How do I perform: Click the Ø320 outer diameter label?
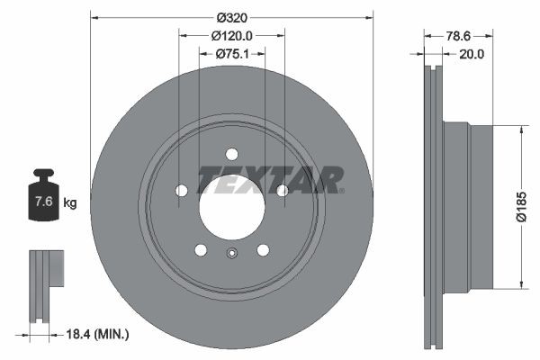pos(232,18)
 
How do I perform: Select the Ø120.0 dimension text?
pos(232,36)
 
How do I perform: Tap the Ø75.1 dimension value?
pos(232,54)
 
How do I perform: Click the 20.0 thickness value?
pos(472,54)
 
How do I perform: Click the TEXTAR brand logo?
pos(270,180)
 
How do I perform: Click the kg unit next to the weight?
pos(70,202)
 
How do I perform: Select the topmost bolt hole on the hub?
pos(231,154)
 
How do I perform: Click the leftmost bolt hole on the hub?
pos(181,190)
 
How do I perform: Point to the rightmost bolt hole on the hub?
pos(283,190)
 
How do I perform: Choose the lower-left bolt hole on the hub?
pos(201,249)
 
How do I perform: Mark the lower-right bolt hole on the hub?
pos(263,249)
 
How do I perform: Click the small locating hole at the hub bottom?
pos(231,253)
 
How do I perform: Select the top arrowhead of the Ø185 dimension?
pos(520,129)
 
